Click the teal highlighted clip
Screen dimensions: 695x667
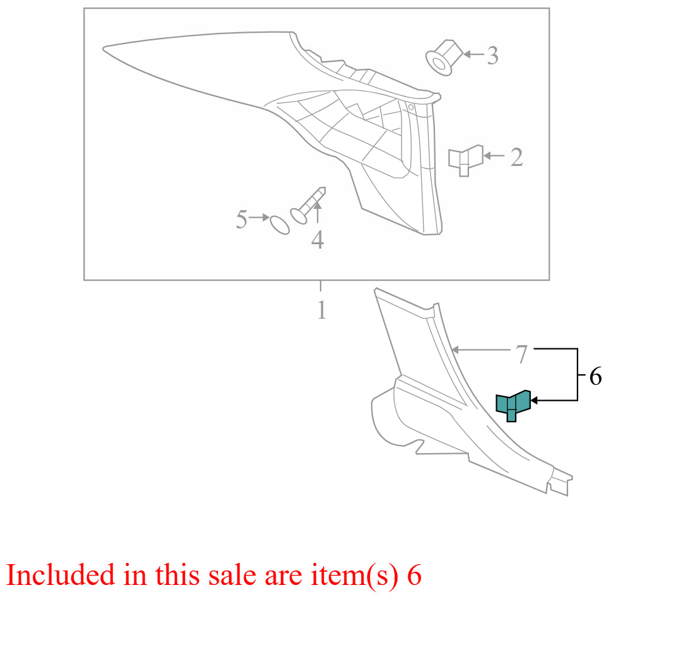click(x=513, y=405)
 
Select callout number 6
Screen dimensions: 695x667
click(x=595, y=377)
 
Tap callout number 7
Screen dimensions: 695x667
click(x=521, y=354)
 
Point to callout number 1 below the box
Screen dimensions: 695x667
click(x=322, y=310)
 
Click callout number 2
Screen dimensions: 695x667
click(x=516, y=157)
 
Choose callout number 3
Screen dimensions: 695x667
click(x=492, y=56)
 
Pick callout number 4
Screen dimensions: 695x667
click(x=318, y=240)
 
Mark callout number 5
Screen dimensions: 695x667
click(x=242, y=219)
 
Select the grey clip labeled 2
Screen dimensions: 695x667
click(x=465, y=160)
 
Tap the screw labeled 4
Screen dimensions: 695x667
click(x=308, y=205)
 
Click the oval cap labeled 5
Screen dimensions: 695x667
click(x=280, y=225)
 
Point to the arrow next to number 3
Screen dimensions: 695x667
click(x=474, y=54)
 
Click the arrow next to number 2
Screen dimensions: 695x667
click(x=494, y=156)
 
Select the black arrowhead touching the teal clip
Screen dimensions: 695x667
click(x=534, y=400)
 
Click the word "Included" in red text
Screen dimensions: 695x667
click(x=61, y=575)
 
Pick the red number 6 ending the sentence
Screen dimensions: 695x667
click(x=414, y=576)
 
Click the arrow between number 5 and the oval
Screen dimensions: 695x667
click(x=259, y=217)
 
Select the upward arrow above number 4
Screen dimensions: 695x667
click(x=318, y=212)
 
